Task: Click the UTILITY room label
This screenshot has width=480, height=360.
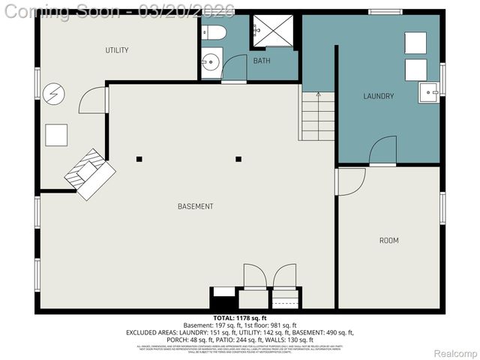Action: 117,50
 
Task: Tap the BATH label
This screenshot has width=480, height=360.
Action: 261,61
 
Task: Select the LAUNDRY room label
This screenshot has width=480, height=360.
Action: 378,96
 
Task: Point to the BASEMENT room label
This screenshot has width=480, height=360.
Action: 195,206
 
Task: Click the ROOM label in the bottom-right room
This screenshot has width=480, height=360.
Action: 388,241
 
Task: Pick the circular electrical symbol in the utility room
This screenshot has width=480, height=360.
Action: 53,94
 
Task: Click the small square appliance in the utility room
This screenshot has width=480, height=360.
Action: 56,135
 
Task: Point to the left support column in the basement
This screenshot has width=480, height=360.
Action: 139,159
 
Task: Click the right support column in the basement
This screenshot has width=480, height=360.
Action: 238,159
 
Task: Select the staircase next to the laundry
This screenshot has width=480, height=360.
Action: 317,115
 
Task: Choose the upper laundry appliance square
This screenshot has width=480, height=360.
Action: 415,43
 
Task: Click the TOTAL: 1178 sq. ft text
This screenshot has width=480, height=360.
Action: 240,317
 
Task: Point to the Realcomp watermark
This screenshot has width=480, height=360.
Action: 454,353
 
